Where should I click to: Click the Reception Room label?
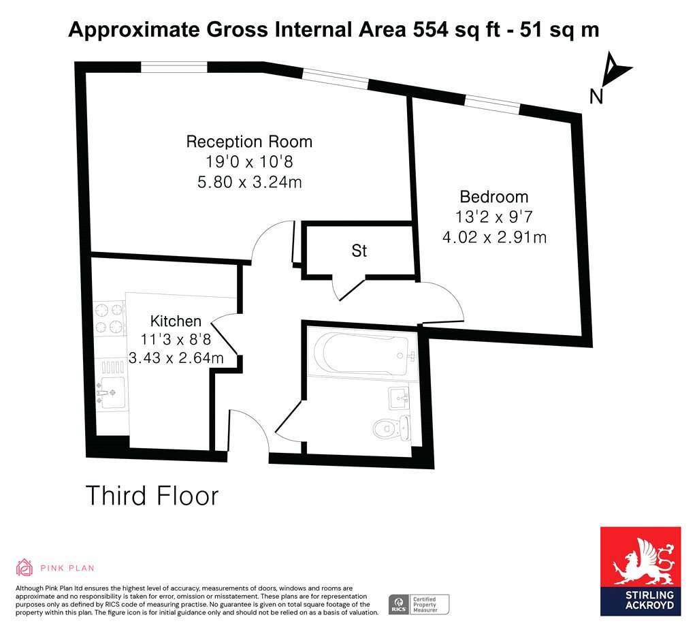(249, 142)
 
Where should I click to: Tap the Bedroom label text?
(494, 197)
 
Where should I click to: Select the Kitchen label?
(176, 321)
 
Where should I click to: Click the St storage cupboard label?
(359, 251)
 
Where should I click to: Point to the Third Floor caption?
(152, 496)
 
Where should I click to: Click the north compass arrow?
(615, 70)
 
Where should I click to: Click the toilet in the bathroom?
(391, 428)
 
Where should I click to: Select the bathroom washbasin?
(400, 398)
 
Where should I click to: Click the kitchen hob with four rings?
(110, 318)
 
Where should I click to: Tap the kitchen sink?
(111, 392)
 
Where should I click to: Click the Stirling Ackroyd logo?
(641, 571)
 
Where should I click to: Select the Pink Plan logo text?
(67, 568)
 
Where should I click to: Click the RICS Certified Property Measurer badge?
(419, 605)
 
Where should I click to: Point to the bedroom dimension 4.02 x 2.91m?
(494, 237)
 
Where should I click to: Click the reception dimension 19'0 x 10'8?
(249, 161)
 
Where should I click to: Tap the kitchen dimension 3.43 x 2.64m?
(176, 358)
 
